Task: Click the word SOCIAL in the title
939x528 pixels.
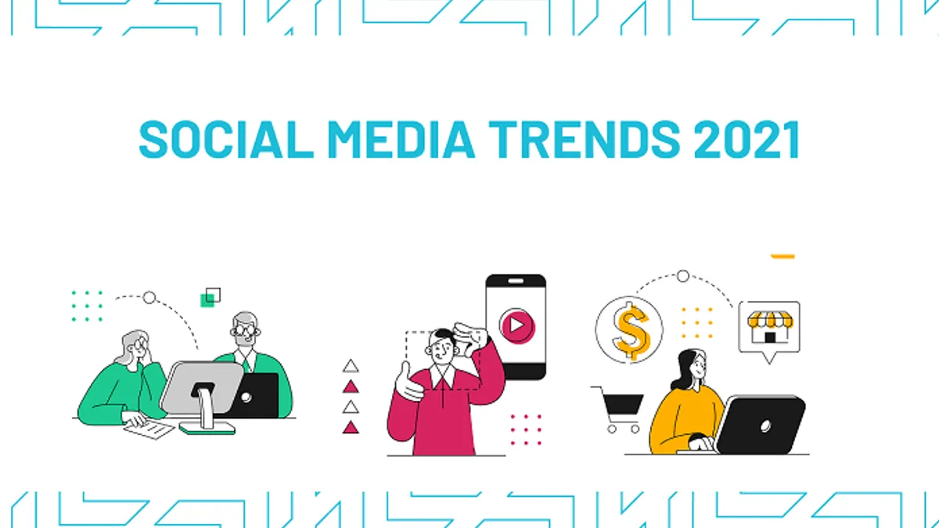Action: [x=226, y=139]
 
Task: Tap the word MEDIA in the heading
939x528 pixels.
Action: [x=401, y=139]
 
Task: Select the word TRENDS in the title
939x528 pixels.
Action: [x=585, y=139]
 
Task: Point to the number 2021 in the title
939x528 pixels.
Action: [x=747, y=139]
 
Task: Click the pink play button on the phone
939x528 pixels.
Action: [x=517, y=325]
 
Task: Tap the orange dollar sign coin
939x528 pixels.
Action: [x=629, y=330]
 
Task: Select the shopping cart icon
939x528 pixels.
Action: [x=619, y=409]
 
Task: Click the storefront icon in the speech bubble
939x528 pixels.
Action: [x=770, y=327]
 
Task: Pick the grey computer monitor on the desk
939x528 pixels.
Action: [x=201, y=394]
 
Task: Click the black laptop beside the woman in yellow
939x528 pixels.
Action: [x=760, y=425]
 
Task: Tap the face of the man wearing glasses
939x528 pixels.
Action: [x=245, y=330]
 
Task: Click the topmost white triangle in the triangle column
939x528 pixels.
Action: [x=351, y=366]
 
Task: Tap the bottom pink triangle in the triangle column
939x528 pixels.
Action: [x=351, y=427]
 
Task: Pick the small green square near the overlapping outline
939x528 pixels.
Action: [x=207, y=300]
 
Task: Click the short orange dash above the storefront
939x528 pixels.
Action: [x=782, y=257]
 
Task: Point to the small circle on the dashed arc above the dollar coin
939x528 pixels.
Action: [x=683, y=276]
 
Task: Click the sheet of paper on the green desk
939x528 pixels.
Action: [x=149, y=429]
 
